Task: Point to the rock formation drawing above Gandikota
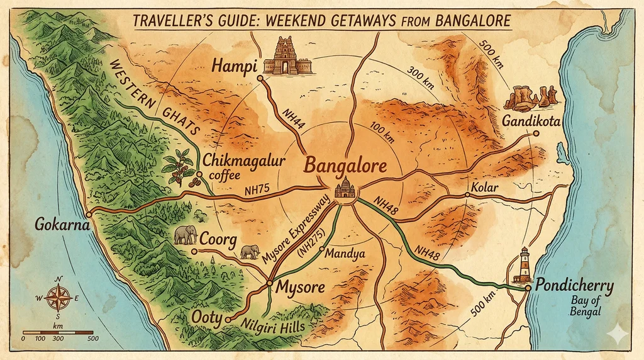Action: (531, 97)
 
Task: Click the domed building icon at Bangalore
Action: (344, 188)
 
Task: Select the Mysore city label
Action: (300, 288)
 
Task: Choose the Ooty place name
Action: (206, 318)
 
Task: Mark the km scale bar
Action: (58, 332)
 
